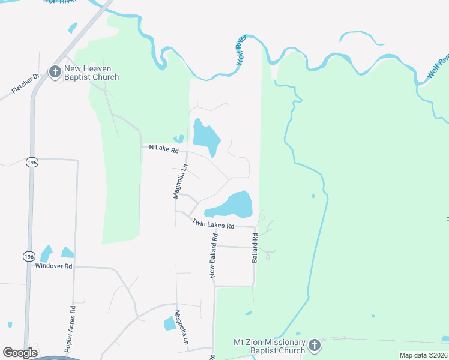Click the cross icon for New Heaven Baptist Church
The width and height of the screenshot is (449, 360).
click(x=54, y=73)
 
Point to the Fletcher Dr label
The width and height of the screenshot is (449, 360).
click(x=25, y=84)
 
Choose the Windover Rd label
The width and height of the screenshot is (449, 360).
click(x=53, y=266)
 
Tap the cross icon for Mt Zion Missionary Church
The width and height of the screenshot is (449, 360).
click(x=315, y=346)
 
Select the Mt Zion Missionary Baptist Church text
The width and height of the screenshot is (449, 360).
click(x=270, y=346)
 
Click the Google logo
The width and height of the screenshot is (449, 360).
click(x=20, y=353)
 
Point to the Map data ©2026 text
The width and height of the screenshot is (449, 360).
click(x=423, y=355)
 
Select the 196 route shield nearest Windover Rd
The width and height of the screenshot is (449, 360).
click(x=29, y=256)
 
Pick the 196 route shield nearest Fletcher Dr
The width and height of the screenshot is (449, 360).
click(x=32, y=163)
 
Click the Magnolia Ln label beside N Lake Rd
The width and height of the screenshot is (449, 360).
click(x=177, y=181)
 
